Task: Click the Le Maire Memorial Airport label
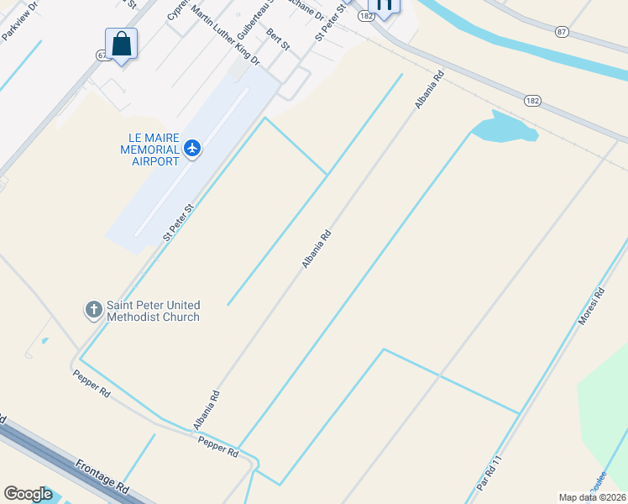tap(149, 149)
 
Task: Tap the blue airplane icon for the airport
tap(193, 149)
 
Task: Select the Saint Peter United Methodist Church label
tap(153, 312)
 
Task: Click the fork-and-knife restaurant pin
tap(384, 5)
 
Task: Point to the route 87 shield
tap(562, 31)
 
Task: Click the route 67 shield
tap(102, 55)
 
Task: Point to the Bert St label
tap(277, 40)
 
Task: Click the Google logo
tap(28, 494)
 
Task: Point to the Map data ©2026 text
tap(591, 497)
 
